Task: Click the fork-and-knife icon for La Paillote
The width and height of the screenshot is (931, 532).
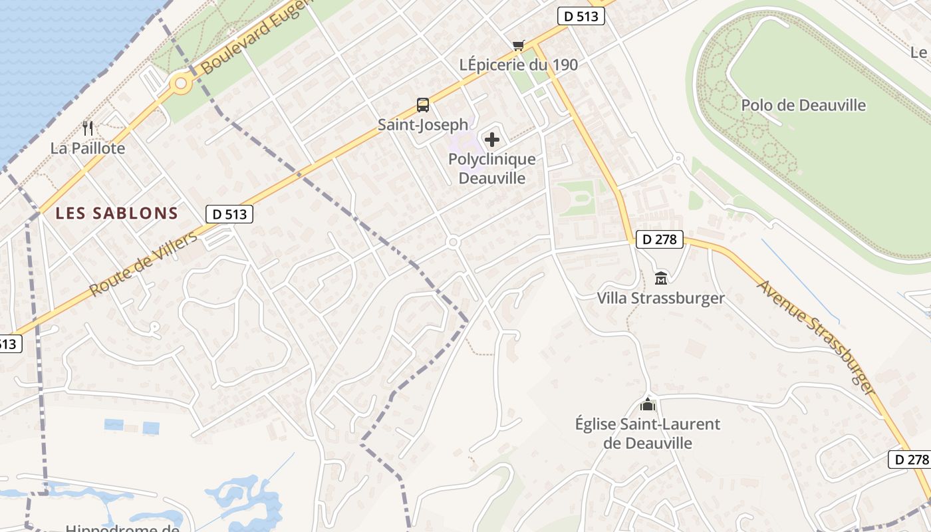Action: [88, 128]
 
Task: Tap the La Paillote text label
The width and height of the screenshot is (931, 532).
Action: [88, 148]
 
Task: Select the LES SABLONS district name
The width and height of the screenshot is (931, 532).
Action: [117, 213]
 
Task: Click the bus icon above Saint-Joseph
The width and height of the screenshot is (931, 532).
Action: [423, 105]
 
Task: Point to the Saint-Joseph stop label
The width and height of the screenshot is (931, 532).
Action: [423, 125]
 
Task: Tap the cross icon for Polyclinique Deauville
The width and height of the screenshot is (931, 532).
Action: [492, 140]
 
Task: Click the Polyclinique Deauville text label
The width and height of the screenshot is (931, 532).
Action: [492, 169]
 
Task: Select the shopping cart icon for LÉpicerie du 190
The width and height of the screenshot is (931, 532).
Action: [519, 45]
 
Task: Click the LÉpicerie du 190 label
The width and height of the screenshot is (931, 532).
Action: [519, 65]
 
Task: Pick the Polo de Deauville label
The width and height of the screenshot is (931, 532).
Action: [803, 105]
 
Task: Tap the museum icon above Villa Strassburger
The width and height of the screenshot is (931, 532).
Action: [661, 278]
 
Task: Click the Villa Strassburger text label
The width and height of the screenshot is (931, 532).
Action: [661, 298]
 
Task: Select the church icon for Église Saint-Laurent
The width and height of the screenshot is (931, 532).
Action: [648, 404]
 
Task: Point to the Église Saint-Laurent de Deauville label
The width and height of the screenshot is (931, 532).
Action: [648, 434]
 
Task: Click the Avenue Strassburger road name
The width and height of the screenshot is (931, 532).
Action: [815, 336]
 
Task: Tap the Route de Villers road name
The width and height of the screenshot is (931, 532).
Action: [144, 264]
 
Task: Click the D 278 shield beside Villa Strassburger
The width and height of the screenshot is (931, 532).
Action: [660, 239]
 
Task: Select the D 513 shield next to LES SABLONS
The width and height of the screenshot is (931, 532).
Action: [229, 214]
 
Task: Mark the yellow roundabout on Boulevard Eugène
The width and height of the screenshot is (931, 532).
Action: [180, 84]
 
